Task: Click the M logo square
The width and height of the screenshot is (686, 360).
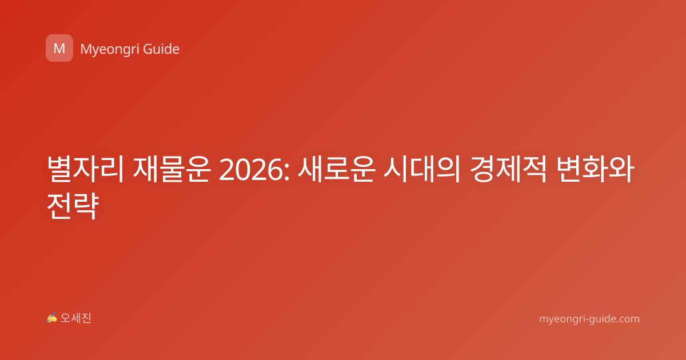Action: pos(59,48)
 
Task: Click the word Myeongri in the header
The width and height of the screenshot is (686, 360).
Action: pos(110,50)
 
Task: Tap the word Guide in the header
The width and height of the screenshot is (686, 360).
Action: pos(161,49)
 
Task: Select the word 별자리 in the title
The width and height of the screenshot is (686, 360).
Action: pos(85,169)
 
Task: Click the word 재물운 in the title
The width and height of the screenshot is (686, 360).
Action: pos(172,169)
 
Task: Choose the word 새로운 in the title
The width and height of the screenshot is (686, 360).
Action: pos(337,169)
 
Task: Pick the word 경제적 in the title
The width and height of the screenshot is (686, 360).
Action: pos(508,169)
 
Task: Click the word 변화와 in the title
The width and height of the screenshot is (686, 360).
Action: pos(595,169)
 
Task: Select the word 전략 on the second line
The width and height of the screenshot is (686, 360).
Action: pos(73,206)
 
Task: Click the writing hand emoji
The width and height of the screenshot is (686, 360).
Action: pos(52,318)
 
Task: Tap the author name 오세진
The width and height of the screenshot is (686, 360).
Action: pos(75,318)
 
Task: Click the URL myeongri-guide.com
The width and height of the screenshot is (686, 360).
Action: pos(589,319)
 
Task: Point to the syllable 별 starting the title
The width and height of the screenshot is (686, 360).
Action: pos(59,169)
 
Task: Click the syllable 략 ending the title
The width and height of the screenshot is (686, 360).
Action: pos(86,206)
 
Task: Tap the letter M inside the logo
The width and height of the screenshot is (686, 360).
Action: pos(59,49)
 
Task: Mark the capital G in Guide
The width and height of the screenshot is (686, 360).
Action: pos(147,49)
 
